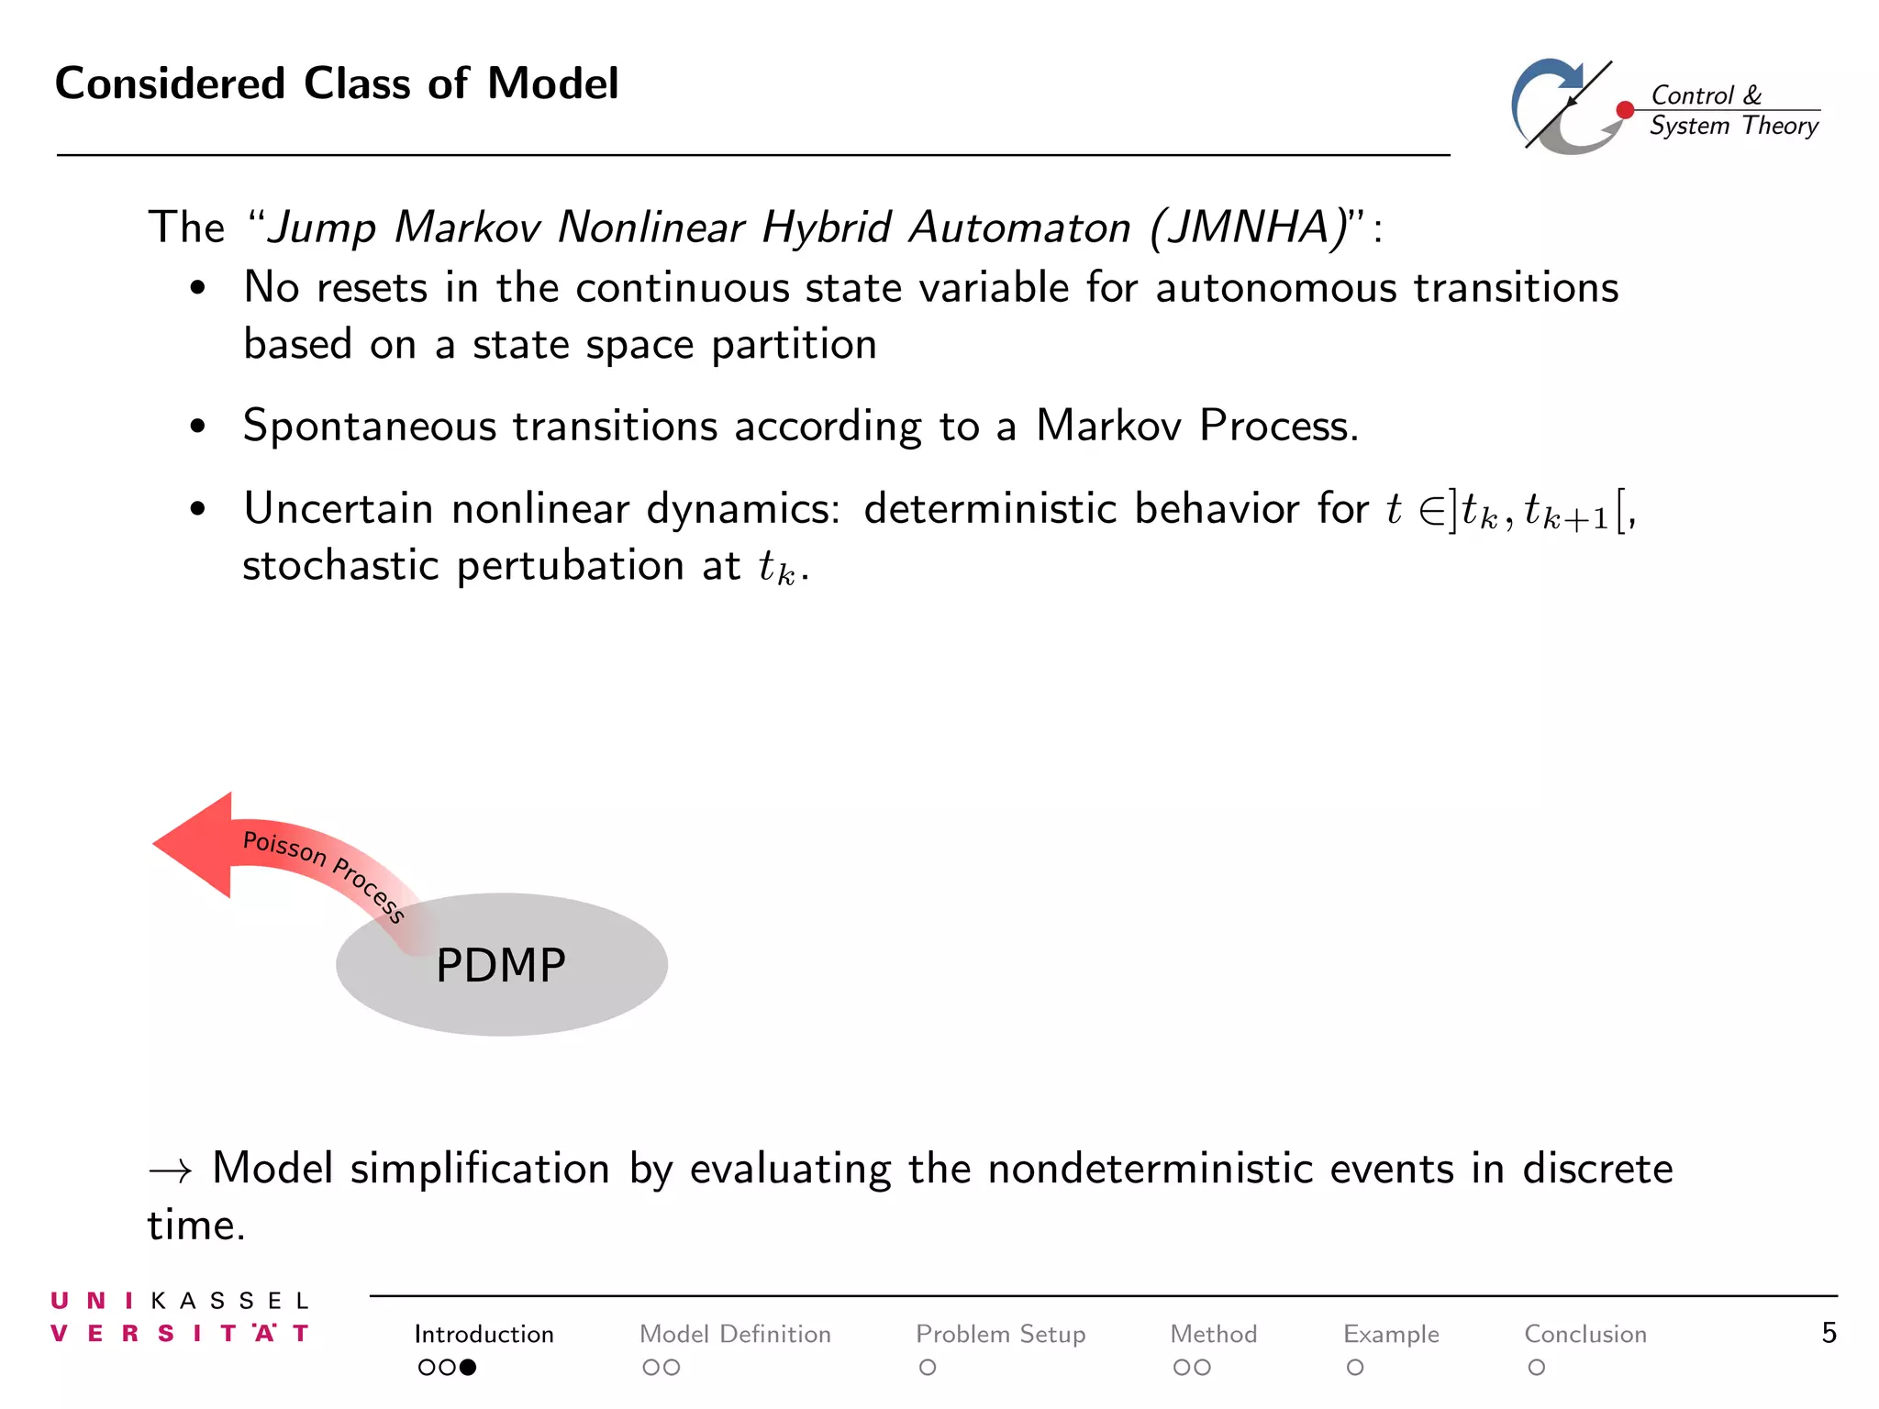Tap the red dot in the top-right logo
coord(1625,110)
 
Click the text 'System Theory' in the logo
coord(1733,126)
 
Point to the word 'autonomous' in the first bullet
coord(1274,288)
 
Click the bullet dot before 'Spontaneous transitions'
coord(197,427)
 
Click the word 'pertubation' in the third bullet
coord(570,566)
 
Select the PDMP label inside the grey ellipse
coord(500,965)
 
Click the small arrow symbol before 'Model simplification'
coord(171,1170)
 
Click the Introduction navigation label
coord(484,1334)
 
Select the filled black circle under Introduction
coord(468,1368)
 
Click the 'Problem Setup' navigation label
coord(1000,1334)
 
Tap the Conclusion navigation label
coord(1584,1334)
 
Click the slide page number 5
coord(1829,1333)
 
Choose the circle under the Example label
coord(1355,1368)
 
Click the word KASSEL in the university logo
coord(229,1301)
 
